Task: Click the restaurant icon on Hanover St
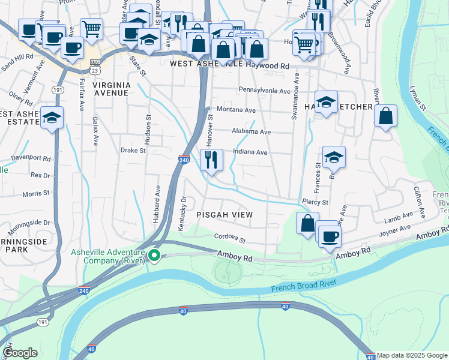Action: [x=211, y=160]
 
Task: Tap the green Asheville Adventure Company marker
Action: [x=154, y=256]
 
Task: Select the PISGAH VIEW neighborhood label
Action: [x=224, y=214]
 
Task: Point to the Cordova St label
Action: [x=231, y=239]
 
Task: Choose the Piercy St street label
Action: [x=315, y=202]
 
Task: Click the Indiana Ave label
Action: [x=250, y=152]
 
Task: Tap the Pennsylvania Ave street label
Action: [x=265, y=91]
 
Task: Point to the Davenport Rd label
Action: [x=31, y=158]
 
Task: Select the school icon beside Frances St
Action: [x=334, y=157]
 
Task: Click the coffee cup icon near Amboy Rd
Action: [x=329, y=235]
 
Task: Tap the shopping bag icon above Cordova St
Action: [x=307, y=224]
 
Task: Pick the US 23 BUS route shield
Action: [x=94, y=66]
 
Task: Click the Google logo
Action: [x=20, y=353]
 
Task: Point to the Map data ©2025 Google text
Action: [x=412, y=356]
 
